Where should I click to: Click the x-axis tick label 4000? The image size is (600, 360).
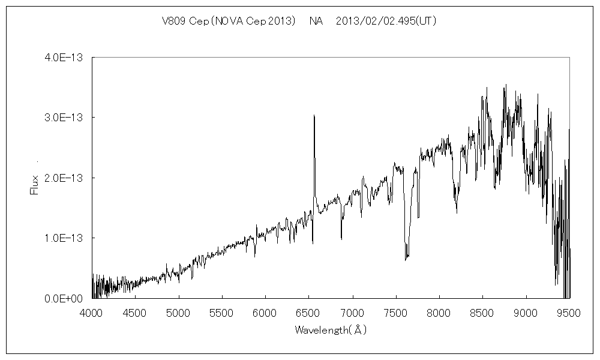pyautogui.click(x=91, y=312)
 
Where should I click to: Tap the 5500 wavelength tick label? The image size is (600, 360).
pyautogui.click(x=222, y=312)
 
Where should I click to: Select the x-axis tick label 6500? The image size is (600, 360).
pyautogui.click(x=309, y=312)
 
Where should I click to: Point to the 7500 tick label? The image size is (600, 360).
pyautogui.click(x=396, y=312)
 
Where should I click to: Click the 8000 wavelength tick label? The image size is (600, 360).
pyautogui.click(x=439, y=312)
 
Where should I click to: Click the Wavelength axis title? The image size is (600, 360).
pyautogui.click(x=330, y=330)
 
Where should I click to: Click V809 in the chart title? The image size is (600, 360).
pyautogui.click(x=175, y=21)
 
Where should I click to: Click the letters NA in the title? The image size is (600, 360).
pyautogui.click(x=316, y=21)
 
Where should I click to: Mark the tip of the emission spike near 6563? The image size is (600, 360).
pyautogui.click(x=314, y=115)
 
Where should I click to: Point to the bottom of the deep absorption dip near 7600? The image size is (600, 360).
pyautogui.click(x=406, y=260)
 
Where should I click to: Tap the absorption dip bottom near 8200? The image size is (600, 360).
pyautogui.click(x=457, y=212)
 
